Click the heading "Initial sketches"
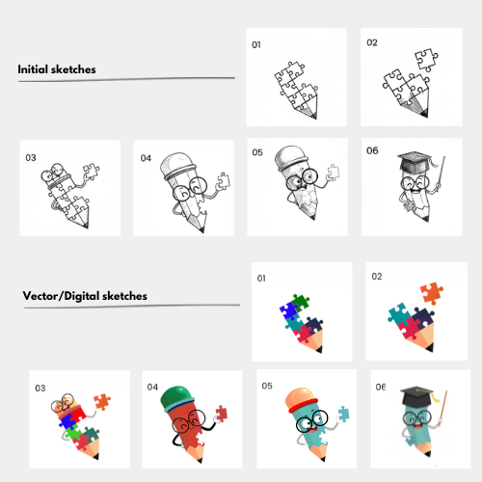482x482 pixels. [57, 69]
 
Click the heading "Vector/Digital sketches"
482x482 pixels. [85, 296]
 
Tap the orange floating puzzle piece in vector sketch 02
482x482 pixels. [432, 293]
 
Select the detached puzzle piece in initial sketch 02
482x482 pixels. [426, 60]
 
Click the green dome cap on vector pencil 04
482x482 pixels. [176, 398]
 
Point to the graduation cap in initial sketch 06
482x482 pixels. [415, 161]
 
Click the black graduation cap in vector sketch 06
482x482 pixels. [416, 395]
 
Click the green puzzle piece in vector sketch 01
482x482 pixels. [300, 303]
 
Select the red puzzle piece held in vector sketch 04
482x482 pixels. [221, 414]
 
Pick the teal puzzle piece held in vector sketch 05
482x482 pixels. [343, 414]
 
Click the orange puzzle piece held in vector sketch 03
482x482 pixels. [102, 402]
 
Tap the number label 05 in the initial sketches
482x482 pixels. [257, 152]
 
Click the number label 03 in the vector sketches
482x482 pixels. [40, 388]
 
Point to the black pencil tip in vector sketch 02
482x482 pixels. [430, 347]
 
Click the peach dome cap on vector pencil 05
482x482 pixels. [301, 398]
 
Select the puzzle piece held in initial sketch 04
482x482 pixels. [223, 181]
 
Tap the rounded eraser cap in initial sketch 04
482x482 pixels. [177, 165]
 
